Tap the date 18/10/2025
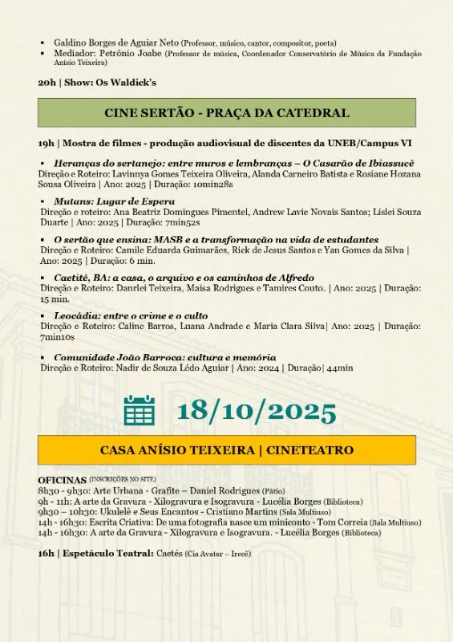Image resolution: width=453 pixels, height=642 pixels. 257,411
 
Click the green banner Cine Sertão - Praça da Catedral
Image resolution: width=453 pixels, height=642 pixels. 227,113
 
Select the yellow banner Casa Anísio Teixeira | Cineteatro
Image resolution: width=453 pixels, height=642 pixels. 227,450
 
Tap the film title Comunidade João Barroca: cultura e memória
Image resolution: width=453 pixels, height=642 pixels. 165,357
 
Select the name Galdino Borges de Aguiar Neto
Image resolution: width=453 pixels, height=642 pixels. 116,43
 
